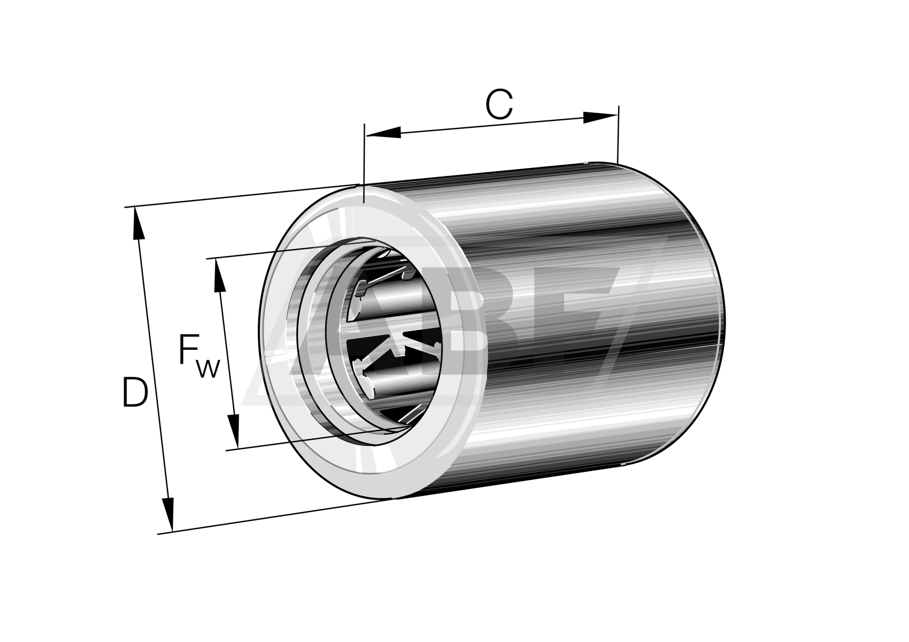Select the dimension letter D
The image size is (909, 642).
[134, 393]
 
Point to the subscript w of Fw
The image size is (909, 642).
[209, 369]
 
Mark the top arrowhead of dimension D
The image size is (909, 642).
[138, 225]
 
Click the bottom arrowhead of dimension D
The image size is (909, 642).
[168, 514]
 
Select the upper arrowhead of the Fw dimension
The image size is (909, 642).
[219, 275]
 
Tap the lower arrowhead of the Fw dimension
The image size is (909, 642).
[233, 431]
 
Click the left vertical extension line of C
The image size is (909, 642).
[364, 160]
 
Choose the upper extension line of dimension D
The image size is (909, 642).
[241, 195]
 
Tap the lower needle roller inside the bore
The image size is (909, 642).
[396, 383]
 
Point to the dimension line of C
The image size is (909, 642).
[492, 125]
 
